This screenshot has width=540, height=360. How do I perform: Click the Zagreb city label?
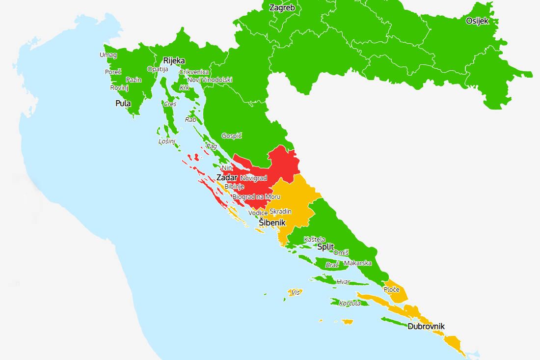click(x=282, y=7)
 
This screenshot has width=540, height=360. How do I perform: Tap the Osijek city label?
click(x=477, y=21)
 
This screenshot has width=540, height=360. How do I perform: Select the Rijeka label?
click(x=174, y=60)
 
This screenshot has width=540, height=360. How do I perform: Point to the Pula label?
click(x=123, y=103)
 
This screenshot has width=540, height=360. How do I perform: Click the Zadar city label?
click(x=226, y=177)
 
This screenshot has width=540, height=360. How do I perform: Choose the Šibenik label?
click(x=272, y=222)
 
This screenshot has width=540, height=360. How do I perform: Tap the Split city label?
click(x=325, y=247)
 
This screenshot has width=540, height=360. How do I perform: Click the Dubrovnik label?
click(x=426, y=326)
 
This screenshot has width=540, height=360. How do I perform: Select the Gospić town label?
click(x=232, y=136)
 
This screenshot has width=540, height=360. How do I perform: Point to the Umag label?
click(x=108, y=55)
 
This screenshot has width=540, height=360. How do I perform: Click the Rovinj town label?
click(x=119, y=87)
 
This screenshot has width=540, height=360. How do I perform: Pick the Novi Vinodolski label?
click(x=210, y=80)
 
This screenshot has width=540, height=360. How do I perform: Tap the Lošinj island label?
click(x=167, y=141)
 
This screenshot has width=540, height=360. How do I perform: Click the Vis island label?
click(x=295, y=292)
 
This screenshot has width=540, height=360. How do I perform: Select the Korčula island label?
click(x=350, y=303)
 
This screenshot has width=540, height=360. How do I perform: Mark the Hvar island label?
click(x=343, y=281)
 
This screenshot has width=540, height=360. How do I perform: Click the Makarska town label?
click(x=358, y=263)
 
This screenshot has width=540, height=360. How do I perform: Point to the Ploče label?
click(x=391, y=290)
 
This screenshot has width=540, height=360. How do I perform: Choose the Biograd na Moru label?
click(x=256, y=196)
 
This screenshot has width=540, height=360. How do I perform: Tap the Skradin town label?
click(x=280, y=211)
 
